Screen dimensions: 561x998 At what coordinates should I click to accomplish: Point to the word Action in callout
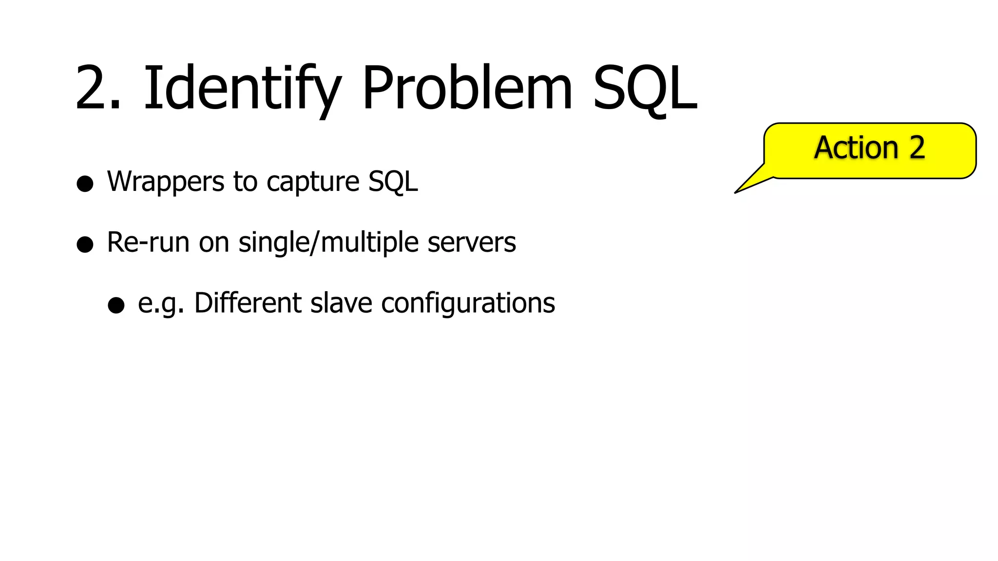point(856,148)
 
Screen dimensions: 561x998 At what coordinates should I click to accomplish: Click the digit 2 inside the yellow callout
point(917,148)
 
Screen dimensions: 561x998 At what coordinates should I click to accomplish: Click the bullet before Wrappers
point(85,184)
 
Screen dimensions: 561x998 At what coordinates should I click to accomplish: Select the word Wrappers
point(166,182)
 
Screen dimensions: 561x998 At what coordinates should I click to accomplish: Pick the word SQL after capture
point(393,182)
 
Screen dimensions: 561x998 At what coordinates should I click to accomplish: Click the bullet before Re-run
point(85,244)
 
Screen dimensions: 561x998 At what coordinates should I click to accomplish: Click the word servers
point(471,243)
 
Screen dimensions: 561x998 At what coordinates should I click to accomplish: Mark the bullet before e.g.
point(116,305)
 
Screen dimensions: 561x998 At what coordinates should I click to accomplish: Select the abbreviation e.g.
point(161,304)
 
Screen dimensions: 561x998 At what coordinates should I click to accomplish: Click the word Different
point(248,303)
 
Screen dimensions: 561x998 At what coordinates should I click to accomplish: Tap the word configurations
point(468,304)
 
